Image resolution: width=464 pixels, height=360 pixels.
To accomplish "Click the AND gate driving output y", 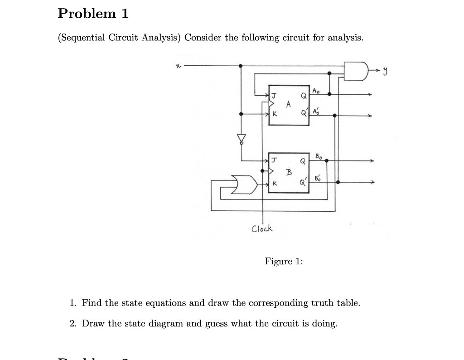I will tap(355, 70).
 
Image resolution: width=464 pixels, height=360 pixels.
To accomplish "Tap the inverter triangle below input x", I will tap(242, 138).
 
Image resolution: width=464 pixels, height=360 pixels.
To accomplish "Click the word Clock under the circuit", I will tap(262, 229).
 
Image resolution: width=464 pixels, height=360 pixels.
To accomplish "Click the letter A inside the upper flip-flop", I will tap(288, 104).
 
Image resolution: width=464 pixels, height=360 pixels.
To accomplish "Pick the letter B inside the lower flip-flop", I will tap(288, 172).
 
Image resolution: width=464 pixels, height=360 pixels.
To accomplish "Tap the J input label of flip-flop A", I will tap(274, 95).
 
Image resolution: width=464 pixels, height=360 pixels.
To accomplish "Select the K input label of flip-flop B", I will tap(274, 184).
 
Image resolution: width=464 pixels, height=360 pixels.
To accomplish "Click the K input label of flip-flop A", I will tap(274, 114).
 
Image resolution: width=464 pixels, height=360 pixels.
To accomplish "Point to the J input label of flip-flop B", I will tap(274, 160).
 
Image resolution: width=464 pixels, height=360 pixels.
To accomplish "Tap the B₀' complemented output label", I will tap(319, 178).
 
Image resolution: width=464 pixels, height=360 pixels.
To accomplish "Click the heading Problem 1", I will tap(93, 14).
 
